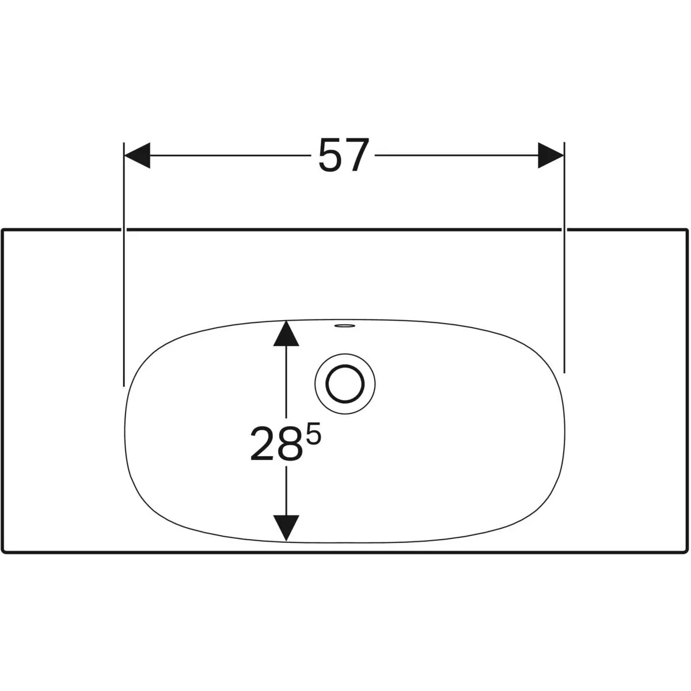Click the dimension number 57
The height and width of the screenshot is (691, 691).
(x=344, y=155)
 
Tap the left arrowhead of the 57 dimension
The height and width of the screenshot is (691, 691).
(x=137, y=155)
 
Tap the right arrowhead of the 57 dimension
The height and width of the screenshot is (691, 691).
(x=551, y=155)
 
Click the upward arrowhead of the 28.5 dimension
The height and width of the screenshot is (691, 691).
(x=286, y=333)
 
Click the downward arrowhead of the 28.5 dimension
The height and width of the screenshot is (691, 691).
(x=286, y=528)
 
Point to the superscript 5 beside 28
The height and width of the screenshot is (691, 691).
(x=313, y=434)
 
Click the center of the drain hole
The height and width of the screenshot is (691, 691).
(x=345, y=384)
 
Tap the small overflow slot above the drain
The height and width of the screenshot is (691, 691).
(x=344, y=326)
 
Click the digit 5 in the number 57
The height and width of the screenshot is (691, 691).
(x=331, y=156)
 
